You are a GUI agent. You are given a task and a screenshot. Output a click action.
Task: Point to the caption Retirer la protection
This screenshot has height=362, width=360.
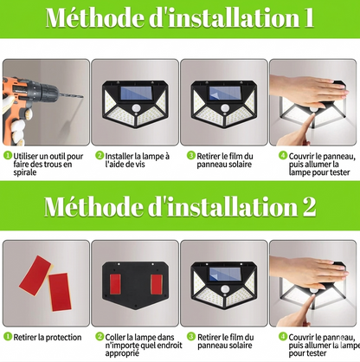(x=51, y=335)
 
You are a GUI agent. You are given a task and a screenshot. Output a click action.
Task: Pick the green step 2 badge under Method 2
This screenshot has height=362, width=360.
(x=98, y=335)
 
